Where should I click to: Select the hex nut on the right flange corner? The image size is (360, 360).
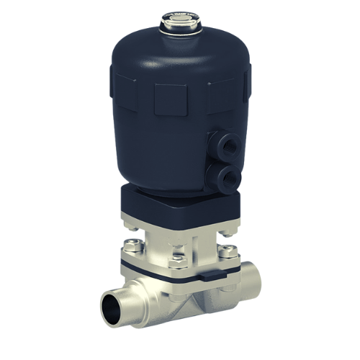tap(229, 251)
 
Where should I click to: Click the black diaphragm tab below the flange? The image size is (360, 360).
tap(207, 276)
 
